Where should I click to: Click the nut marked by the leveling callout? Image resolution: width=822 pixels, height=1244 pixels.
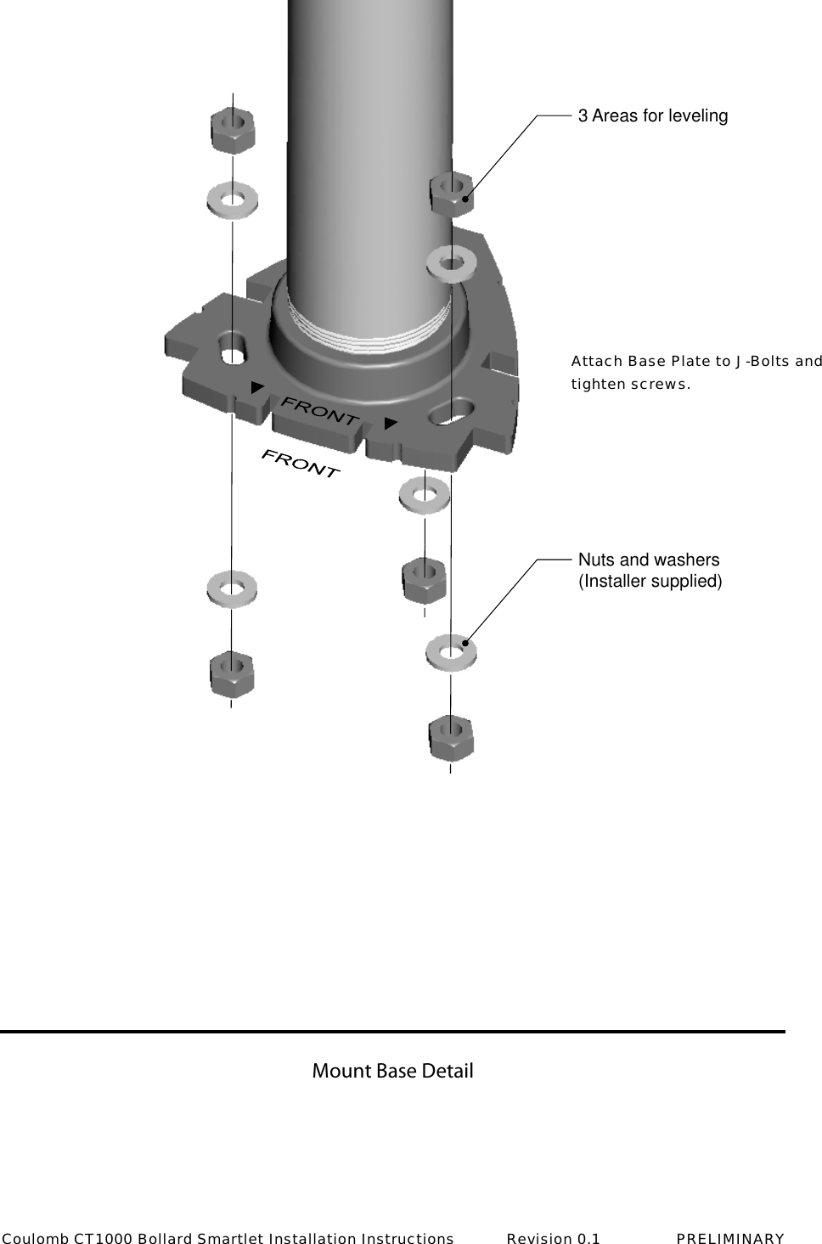coord(452,194)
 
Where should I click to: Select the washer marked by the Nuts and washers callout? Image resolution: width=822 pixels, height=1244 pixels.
coord(451,652)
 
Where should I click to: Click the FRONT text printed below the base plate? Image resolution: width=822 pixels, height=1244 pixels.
coord(301,464)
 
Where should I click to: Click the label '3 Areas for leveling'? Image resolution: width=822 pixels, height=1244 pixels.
coord(652,115)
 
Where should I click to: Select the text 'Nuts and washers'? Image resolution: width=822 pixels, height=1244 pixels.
coord(649,560)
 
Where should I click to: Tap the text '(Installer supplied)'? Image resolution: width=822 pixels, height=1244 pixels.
coord(650,582)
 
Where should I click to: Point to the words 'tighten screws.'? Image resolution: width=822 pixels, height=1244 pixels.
coord(630,384)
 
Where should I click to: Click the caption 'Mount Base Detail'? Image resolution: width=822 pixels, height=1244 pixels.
coord(392,1071)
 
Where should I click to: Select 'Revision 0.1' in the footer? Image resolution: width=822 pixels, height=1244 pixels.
coord(553,1238)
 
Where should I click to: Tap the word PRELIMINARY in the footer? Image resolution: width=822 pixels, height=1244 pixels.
coord(730,1238)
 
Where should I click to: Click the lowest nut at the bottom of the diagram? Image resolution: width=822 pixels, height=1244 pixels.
coord(451,739)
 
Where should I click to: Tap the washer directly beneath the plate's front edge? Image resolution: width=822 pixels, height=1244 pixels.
coord(424,494)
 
